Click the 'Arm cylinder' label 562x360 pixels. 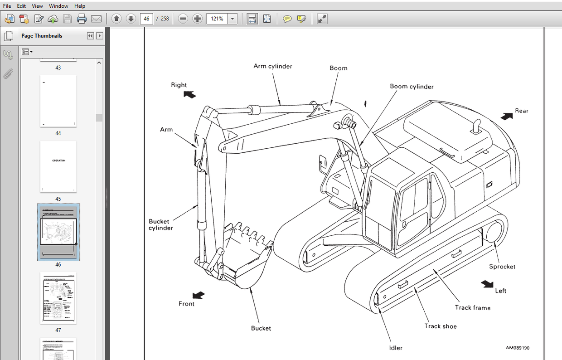[272, 66]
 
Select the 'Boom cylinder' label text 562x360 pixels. [412, 87]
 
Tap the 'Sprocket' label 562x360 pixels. [502, 267]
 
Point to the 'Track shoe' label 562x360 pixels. [440, 326]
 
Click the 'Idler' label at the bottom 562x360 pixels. [395, 348]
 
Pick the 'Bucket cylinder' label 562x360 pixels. [160, 224]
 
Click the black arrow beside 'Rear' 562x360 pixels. [507, 116]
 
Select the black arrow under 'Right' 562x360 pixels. [189, 94]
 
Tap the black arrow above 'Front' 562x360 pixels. [199, 295]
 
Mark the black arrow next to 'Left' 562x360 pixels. [487, 284]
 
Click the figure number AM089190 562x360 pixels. [517, 348]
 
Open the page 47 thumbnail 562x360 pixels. [58, 297]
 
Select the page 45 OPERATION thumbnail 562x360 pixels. [58, 166]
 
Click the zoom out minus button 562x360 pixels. [183, 19]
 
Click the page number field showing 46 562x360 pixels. [146, 19]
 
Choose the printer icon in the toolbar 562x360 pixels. [82, 19]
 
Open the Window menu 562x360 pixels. [58, 6]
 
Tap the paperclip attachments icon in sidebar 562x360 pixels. [8, 74]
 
